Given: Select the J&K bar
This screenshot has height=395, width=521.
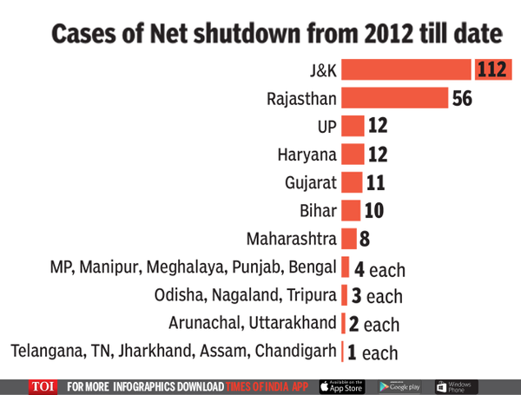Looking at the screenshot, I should click(x=406, y=69).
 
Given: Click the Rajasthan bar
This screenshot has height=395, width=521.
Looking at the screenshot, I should click(x=394, y=98).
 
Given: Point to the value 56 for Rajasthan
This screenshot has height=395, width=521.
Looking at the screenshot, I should click(x=462, y=98).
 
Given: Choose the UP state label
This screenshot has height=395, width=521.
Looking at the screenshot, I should click(x=326, y=127).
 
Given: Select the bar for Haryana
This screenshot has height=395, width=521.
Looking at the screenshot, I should click(x=352, y=155).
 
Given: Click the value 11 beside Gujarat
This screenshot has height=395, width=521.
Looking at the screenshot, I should click(x=375, y=183).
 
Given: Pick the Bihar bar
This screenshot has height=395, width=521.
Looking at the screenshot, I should click(x=351, y=211).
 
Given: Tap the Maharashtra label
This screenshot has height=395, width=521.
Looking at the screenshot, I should click(x=292, y=239).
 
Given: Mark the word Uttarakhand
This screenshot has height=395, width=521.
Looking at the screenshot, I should click(x=293, y=324).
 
